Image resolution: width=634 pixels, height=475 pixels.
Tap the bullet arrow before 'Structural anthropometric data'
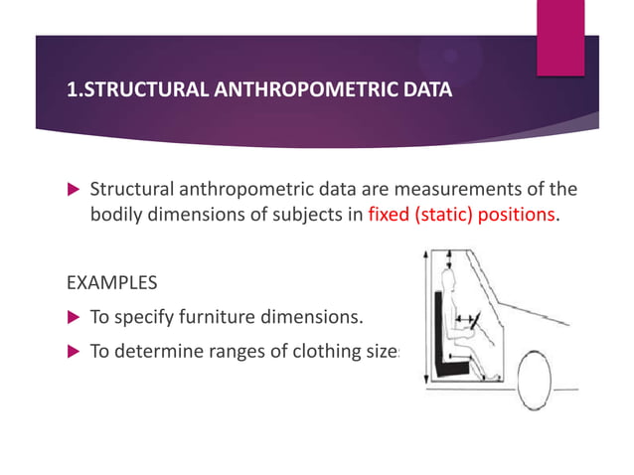(73, 190)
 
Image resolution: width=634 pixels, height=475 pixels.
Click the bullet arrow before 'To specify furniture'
(73, 319)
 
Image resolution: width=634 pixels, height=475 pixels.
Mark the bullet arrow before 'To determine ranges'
(73, 351)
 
